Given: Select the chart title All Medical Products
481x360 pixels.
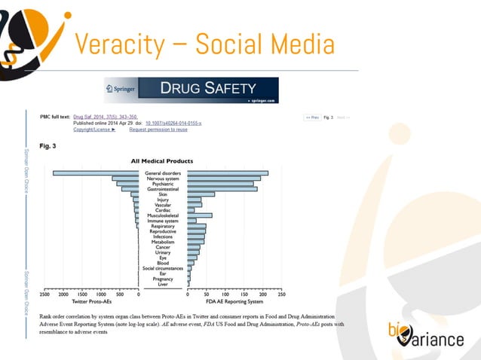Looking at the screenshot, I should tap(162, 160).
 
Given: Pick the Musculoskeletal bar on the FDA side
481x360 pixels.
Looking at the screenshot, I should tap(199, 215).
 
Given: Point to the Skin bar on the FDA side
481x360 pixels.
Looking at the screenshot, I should tap(201, 194).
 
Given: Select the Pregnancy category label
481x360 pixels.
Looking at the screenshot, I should tap(163, 279).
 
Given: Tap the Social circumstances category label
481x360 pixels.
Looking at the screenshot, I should tap(163, 268).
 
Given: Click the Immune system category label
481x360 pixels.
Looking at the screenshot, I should tap(163, 221).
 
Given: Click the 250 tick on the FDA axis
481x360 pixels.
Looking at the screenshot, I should tap(281, 295).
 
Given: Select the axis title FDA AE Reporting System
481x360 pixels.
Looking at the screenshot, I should tap(234, 302).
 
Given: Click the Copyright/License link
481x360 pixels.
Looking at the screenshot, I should tap(94, 130).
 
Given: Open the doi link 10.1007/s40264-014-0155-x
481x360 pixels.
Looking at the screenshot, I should tap(179, 124).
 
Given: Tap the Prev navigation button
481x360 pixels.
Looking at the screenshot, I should tap(311, 117).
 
